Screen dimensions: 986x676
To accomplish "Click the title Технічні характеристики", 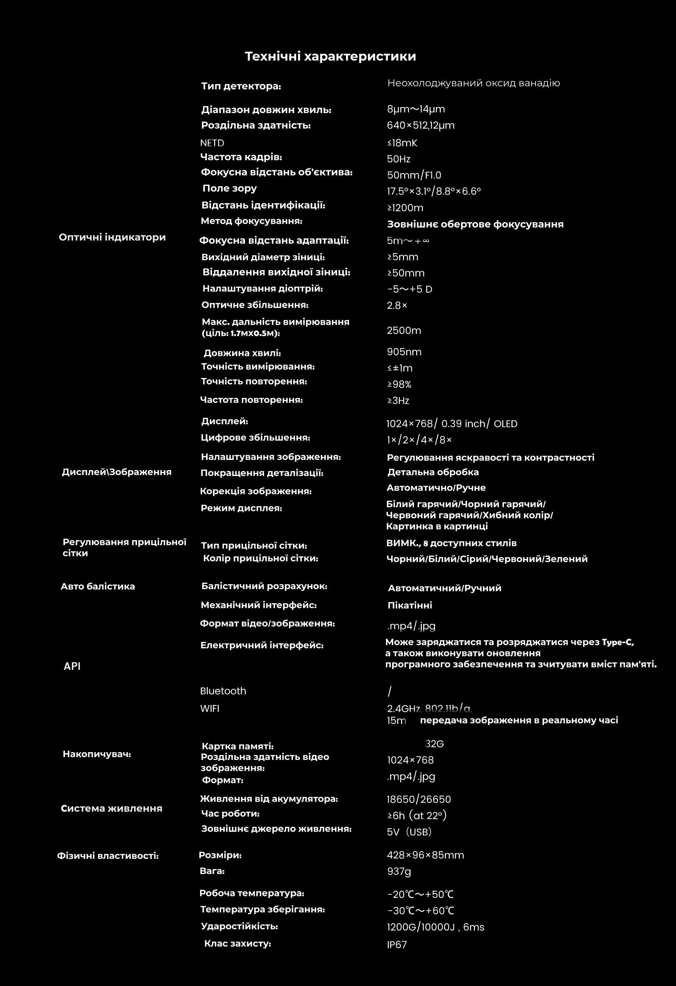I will (330, 56).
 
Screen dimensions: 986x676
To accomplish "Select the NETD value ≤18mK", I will (402, 143).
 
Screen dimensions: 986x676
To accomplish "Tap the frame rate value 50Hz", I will (399, 159).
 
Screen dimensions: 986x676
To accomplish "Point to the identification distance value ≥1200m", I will (405, 208).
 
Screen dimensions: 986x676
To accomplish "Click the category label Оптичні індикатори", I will (112, 237).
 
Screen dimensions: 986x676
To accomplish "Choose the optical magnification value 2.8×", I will (396, 305).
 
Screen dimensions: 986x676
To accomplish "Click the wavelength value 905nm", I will (404, 352).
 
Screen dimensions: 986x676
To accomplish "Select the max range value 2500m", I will (404, 331).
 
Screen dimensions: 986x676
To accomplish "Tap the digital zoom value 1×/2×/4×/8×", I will (419, 440).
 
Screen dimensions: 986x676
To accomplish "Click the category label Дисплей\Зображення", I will (117, 472).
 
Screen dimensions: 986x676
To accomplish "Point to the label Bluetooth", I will (223, 691).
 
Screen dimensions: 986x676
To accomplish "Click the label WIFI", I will (209, 708).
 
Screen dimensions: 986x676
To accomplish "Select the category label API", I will (72, 666).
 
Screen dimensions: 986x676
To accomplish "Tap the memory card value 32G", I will (434, 744).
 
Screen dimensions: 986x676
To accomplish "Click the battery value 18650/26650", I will (419, 799).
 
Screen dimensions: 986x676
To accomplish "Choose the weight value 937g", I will (399, 872).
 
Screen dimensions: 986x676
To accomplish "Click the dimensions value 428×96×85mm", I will (425, 855).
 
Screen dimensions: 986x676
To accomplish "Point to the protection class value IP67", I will (396, 945).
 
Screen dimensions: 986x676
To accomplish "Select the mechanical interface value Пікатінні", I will (410, 605).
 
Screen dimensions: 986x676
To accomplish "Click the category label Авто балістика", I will (98, 586).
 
